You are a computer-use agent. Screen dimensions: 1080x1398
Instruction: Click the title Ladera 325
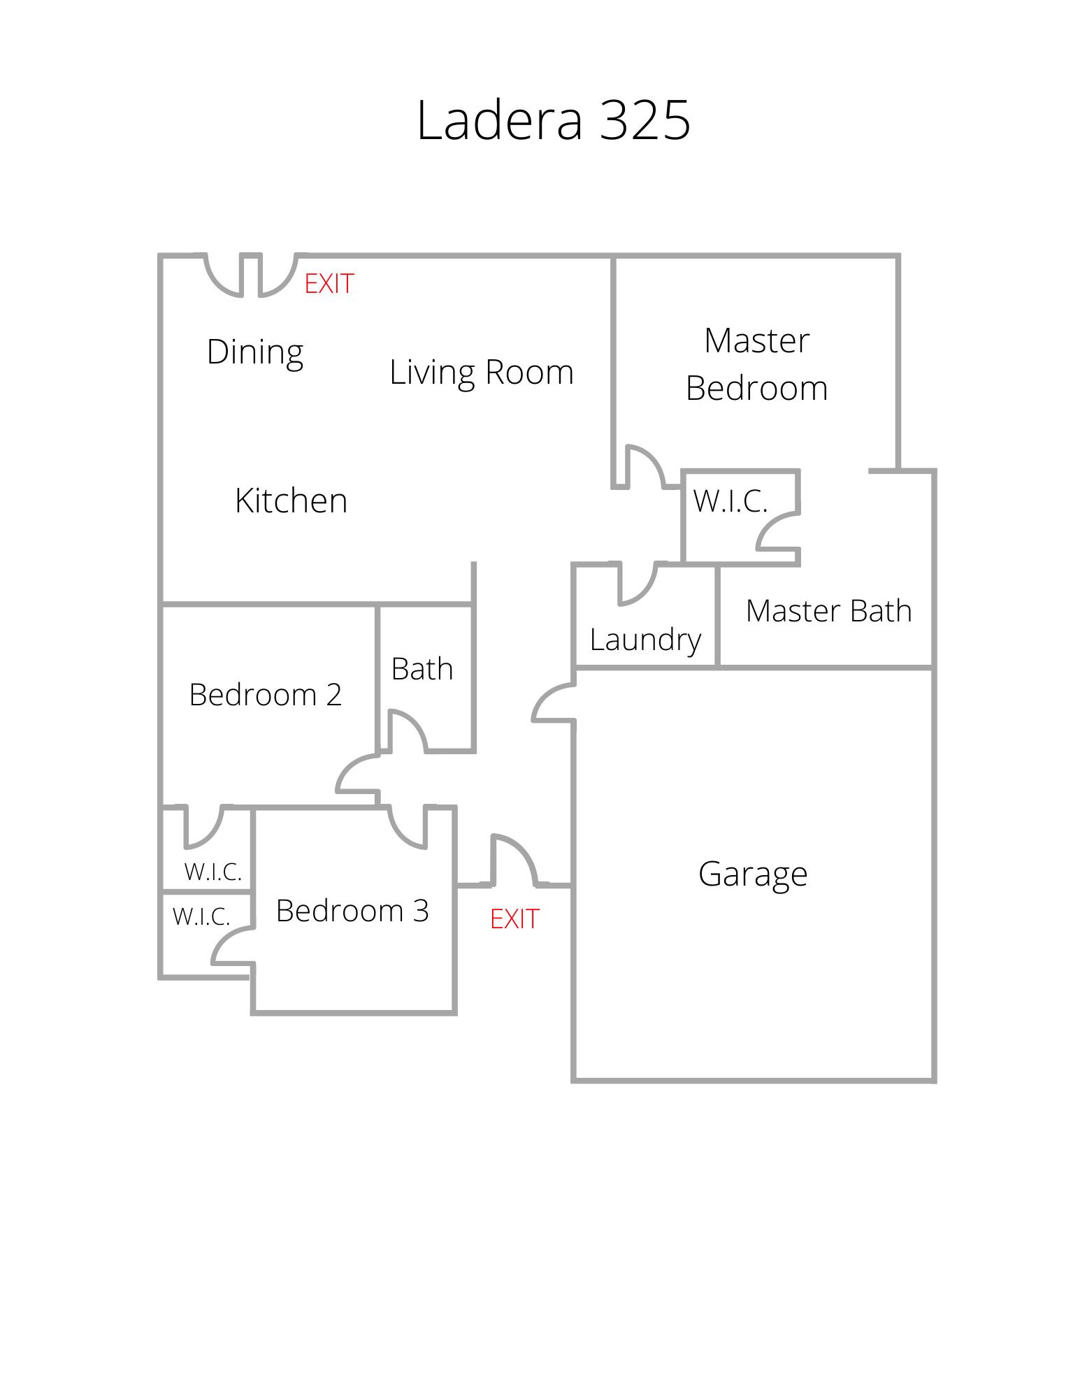point(554,120)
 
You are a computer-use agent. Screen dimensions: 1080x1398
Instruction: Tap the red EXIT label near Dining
point(329,284)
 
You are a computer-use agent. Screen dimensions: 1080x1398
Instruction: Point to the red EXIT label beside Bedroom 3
point(514,919)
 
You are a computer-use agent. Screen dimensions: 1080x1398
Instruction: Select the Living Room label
point(482,372)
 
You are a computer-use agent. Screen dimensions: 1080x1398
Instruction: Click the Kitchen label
point(291,500)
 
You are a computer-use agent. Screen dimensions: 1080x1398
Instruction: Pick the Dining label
point(255,352)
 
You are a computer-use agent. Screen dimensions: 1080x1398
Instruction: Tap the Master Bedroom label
point(757,364)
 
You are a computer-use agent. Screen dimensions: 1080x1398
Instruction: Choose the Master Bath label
point(829,611)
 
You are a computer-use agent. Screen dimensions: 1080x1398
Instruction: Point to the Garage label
point(753,874)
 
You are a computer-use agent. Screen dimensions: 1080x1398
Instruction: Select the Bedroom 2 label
point(266,695)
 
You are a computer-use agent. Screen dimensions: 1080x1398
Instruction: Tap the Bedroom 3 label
point(352,910)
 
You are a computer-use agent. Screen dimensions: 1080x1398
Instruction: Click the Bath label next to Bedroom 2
point(422,669)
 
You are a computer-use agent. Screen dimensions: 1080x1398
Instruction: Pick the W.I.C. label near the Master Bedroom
point(730,501)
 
